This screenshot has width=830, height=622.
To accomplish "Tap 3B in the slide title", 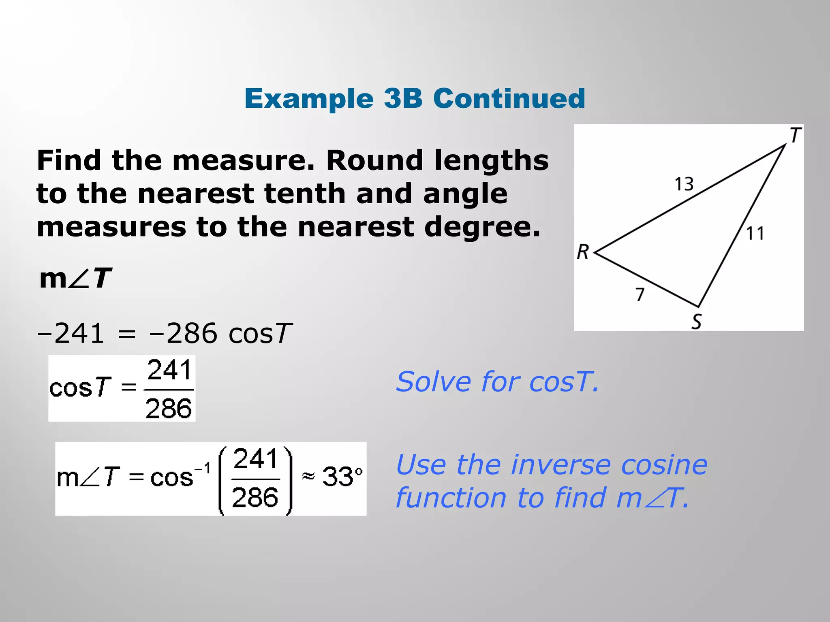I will point(403,98).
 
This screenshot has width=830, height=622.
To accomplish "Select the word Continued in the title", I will point(509,98).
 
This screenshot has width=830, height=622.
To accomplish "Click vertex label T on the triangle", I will point(796,135).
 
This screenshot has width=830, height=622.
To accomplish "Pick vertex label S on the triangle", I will point(696,322).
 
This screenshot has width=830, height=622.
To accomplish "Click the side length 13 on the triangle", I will point(684,184).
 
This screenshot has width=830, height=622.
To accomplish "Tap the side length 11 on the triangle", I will point(755,234).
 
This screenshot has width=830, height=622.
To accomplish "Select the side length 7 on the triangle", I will point(640,294).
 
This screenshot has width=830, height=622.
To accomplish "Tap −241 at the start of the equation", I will point(71,334).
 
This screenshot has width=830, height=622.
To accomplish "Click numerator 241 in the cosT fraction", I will point(169,370).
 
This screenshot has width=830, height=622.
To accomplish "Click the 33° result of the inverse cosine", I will point(342,477).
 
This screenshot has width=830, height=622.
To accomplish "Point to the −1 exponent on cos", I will point(203,469).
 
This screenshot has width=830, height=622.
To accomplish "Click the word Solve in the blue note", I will point(432,382).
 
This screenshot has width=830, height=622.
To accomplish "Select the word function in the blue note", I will point(451,498).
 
